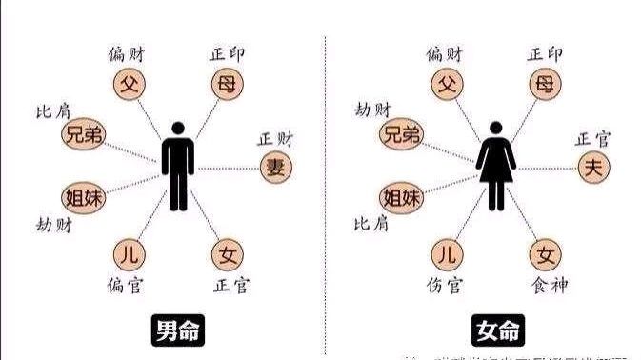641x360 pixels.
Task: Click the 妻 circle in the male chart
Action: pos(276,168)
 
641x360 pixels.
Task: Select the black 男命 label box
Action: pos(179,330)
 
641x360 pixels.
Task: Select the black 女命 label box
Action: pos(496,330)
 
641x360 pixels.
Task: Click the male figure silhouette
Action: pos(176,166)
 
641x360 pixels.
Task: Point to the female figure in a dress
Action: pos(495,166)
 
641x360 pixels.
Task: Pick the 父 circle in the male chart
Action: pos(130,84)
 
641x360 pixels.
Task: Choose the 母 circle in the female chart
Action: pos(544,84)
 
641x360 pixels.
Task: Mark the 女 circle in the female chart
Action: pos(545,254)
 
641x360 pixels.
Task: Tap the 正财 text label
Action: pos(277,139)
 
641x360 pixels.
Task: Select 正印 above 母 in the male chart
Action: pos(227,53)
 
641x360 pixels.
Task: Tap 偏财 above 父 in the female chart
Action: pos(447,53)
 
